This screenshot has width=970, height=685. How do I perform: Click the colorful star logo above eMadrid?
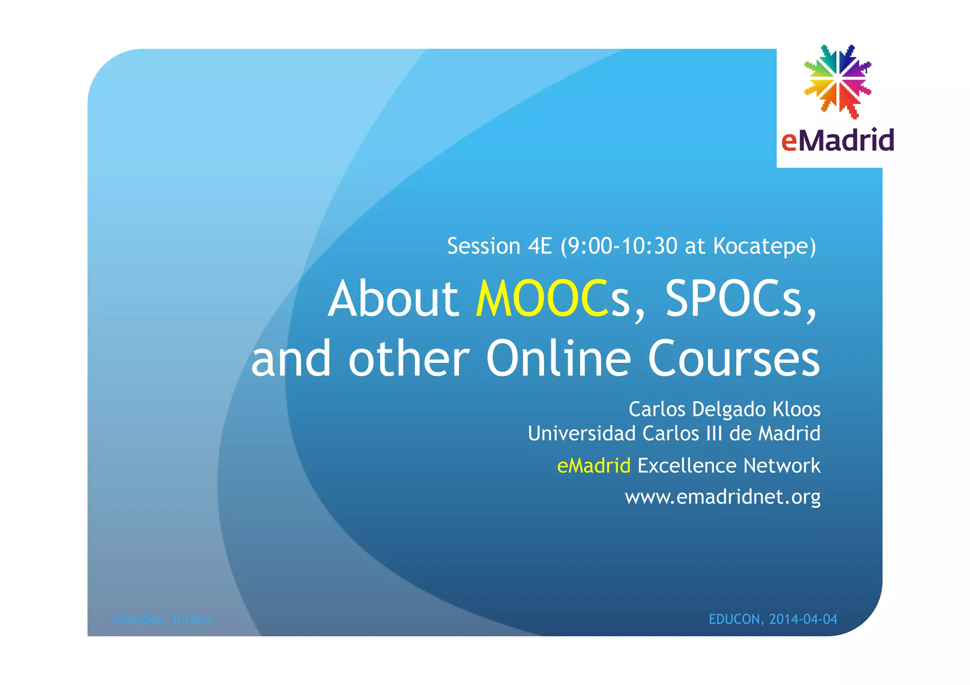tap(837, 81)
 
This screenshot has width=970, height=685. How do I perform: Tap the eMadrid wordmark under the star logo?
tap(837, 140)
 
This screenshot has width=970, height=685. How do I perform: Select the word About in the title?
tap(393, 299)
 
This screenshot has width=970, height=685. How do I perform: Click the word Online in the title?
tap(558, 358)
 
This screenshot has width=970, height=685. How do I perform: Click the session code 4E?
tap(540, 246)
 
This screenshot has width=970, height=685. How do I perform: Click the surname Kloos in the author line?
tap(796, 409)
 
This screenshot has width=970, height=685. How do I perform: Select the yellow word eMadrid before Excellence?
tap(593, 466)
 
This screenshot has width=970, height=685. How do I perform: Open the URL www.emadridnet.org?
tap(722, 497)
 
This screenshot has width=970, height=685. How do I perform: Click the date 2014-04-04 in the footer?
tap(803, 619)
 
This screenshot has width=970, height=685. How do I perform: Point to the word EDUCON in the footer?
tap(735, 619)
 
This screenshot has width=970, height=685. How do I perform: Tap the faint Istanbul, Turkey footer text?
tap(162, 619)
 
